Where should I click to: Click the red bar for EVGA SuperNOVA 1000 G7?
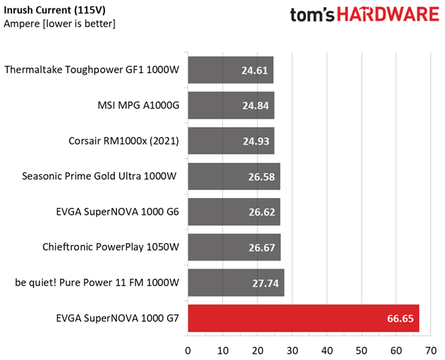[303, 318]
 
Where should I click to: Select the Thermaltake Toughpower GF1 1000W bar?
[231, 70]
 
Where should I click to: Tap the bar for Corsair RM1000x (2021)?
[231, 141]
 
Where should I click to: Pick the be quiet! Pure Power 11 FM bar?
[236, 283]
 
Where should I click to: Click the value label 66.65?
[401, 318]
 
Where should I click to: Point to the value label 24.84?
[256, 106]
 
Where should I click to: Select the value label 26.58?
[262, 176]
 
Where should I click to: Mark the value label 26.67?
[262, 247]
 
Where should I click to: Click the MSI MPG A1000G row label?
[138, 106]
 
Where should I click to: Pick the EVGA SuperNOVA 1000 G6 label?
[117, 211]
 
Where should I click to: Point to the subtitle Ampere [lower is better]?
[60, 24]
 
